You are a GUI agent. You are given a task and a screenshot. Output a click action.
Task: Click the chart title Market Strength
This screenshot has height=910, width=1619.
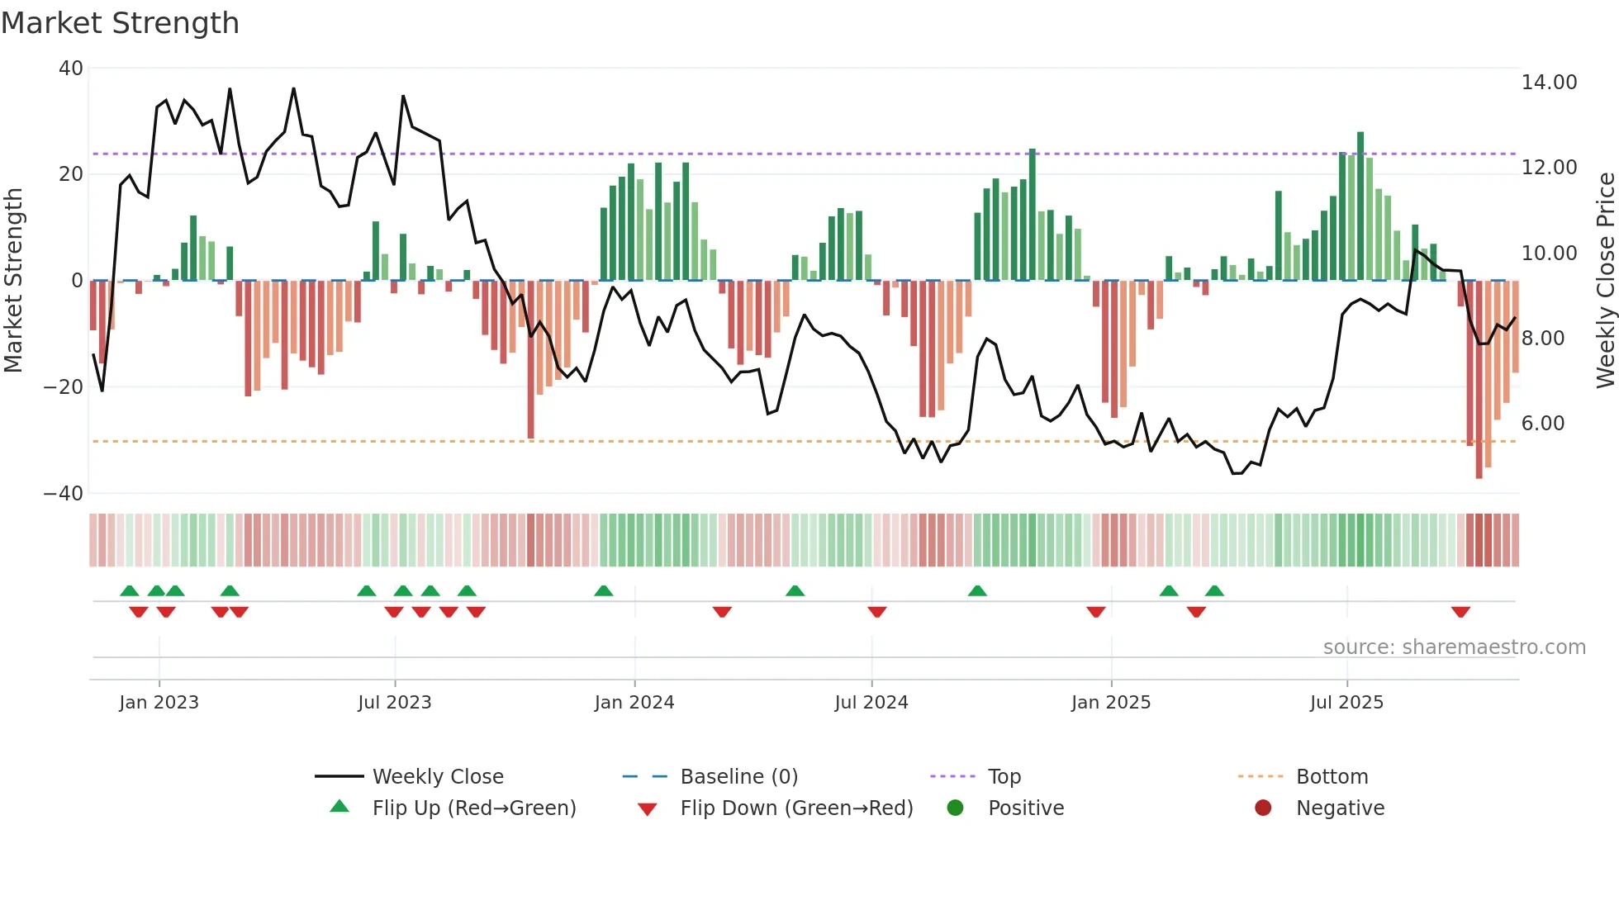(120, 23)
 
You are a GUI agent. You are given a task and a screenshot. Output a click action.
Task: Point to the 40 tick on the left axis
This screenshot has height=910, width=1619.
(71, 69)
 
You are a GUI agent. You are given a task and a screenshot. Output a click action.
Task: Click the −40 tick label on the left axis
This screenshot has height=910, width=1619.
(64, 494)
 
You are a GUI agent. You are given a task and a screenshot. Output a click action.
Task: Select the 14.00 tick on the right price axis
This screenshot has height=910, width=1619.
(1549, 83)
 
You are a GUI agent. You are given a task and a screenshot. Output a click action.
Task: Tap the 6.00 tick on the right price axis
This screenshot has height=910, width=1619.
(1543, 424)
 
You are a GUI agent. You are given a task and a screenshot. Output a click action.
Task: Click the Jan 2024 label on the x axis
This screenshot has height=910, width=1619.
(634, 703)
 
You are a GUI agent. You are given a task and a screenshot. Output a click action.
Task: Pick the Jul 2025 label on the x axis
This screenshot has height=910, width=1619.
(1346, 703)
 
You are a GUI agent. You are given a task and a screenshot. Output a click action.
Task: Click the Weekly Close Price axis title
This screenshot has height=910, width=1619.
(1605, 281)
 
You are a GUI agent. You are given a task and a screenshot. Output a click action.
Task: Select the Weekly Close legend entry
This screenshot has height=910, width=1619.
(437, 777)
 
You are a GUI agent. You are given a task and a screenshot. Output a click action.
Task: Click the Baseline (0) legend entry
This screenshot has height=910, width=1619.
(738, 777)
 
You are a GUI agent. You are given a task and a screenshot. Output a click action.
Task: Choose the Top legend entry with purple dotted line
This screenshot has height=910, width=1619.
(1004, 777)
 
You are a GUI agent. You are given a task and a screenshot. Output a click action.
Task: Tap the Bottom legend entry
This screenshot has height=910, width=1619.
(1332, 777)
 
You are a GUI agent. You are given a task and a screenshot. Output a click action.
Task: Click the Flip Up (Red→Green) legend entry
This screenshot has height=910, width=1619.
(473, 808)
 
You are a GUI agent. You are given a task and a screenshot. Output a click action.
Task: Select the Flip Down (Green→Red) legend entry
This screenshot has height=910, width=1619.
(795, 808)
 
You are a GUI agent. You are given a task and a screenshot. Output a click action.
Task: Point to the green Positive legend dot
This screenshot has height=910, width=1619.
(956, 808)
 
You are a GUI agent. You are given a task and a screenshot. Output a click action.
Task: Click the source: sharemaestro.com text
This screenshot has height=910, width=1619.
(1454, 647)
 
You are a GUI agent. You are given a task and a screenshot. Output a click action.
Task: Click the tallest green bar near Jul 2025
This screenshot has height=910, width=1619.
(1360, 206)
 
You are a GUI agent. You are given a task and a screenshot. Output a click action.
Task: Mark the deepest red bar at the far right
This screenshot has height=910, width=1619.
(1479, 380)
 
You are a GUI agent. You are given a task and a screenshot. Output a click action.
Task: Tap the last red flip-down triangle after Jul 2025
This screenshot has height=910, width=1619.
(1460, 612)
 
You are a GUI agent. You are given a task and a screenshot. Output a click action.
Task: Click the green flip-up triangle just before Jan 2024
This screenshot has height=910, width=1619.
(604, 590)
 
